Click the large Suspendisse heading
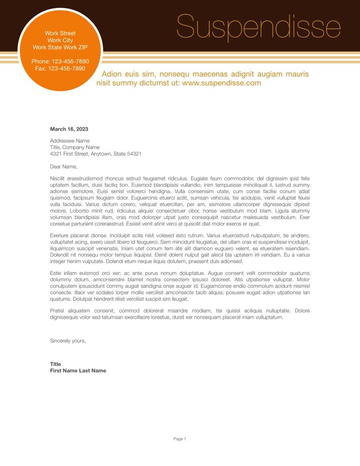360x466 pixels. pyautogui.click(x=258, y=27)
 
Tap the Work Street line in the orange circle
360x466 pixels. pyautogui.click(x=60, y=33)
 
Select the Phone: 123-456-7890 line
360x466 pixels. pyautogui.click(x=60, y=62)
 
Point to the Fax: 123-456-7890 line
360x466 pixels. pyautogui.click(x=60, y=69)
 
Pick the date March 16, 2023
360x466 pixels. pyautogui.click(x=69, y=129)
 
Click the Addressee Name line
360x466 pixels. pyautogui.click(x=70, y=141)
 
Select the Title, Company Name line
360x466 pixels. pyautogui.click(x=74, y=147)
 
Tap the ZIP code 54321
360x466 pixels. pyautogui.click(x=134, y=154)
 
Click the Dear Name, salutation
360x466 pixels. pyautogui.click(x=63, y=167)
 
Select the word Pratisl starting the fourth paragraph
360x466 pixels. pyautogui.click(x=57, y=311)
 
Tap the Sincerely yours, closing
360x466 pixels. pyautogui.click(x=67, y=341)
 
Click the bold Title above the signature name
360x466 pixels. pyautogui.click(x=55, y=364)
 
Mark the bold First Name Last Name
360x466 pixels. pyautogui.click(x=78, y=371)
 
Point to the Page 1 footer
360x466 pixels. pyautogui.click(x=179, y=439)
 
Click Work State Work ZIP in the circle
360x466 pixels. pyautogui.click(x=60, y=47)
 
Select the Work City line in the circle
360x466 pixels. pyautogui.click(x=60, y=40)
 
